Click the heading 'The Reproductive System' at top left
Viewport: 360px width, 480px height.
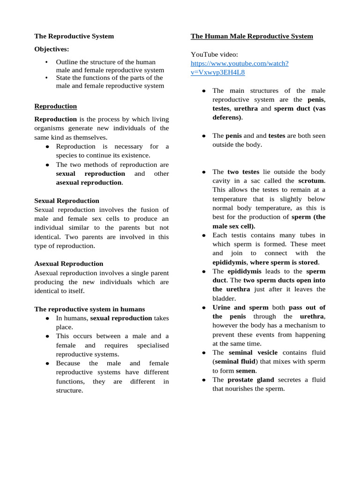point(74,36)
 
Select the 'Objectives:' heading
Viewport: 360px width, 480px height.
point(52,49)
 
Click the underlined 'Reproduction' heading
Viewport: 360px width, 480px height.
point(55,106)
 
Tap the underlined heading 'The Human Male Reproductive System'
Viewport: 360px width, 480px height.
point(252,36)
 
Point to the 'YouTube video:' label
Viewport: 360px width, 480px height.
point(214,54)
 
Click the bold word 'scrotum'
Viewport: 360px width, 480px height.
point(311,181)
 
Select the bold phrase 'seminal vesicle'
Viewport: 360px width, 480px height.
point(253,352)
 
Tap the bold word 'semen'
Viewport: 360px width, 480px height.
point(245,371)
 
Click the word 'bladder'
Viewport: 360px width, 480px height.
point(224,299)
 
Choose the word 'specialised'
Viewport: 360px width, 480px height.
point(153,345)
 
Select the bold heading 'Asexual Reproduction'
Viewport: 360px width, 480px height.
point(68,264)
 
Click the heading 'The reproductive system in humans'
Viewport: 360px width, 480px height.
point(90,309)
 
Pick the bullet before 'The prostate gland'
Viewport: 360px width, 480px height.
point(204,380)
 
